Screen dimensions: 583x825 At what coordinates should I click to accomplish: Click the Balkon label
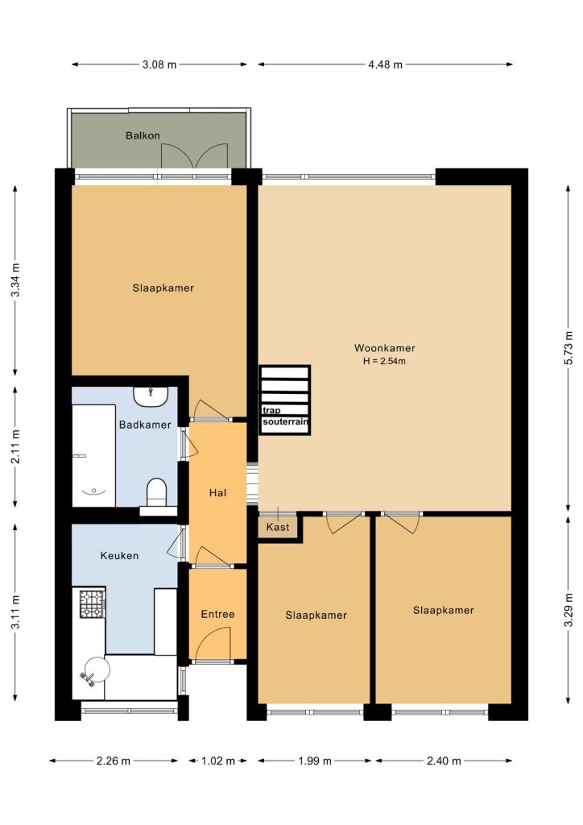click(x=143, y=135)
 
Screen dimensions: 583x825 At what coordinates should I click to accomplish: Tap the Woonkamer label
click(x=385, y=348)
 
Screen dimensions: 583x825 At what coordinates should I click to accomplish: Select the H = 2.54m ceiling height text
click(x=384, y=361)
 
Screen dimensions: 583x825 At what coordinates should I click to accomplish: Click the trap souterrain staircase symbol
click(x=284, y=400)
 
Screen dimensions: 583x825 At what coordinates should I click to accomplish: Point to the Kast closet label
click(x=278, y=527)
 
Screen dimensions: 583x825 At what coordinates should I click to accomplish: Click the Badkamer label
click(x=145, y=425)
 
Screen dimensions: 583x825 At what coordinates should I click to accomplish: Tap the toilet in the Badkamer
click(x=156, y=492)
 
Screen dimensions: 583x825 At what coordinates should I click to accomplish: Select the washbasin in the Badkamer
click(x=151, y=396)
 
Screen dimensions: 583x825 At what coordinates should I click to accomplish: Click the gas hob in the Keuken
click(x=93, y=603)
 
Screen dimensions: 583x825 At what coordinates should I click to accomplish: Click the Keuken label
click(x=119, y=555)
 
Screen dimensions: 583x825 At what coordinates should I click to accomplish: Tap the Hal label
click(x=217, y=492)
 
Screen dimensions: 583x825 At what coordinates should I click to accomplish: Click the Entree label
click(x=217, y=614)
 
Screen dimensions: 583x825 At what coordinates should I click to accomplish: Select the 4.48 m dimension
click(x=386, y=64)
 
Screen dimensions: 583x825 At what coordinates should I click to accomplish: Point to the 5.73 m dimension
click(x=569, y=348)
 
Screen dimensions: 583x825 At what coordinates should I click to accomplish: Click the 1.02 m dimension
click(x=217, y=761)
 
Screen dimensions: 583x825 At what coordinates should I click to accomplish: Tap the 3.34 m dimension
click(x=15, y=280)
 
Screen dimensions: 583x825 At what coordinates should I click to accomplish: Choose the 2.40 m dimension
click(x=444, y=761)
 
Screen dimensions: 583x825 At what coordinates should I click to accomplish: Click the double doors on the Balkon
click(x=195, y=155)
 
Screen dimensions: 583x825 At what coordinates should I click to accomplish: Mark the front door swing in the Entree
click(x=212, y=645)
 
